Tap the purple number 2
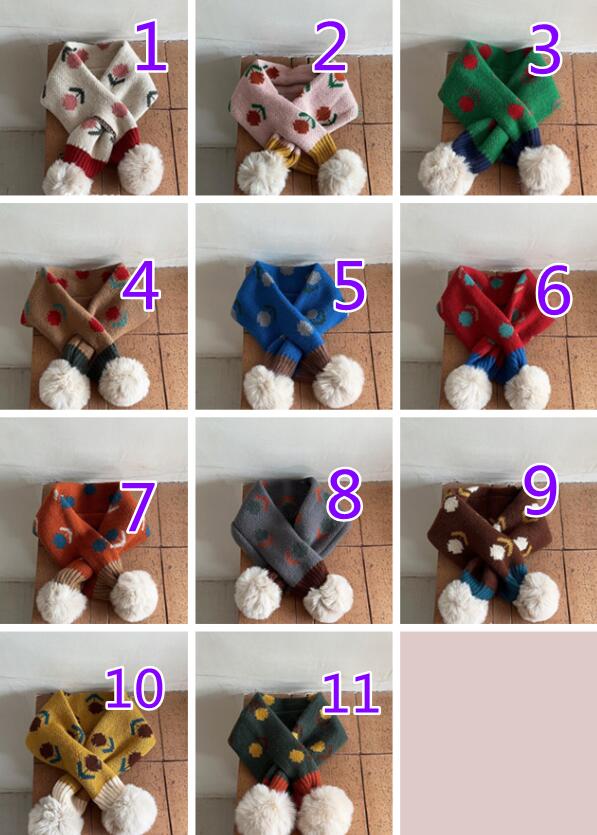[330, 47]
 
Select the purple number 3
[544, 50]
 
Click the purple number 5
[350, 285]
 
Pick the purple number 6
[554, 290]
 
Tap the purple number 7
[138, 507]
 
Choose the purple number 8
[345, 494]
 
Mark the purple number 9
[541, 490]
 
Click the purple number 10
[134, 689]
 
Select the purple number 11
[351, 693]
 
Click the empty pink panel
[498, 733]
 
